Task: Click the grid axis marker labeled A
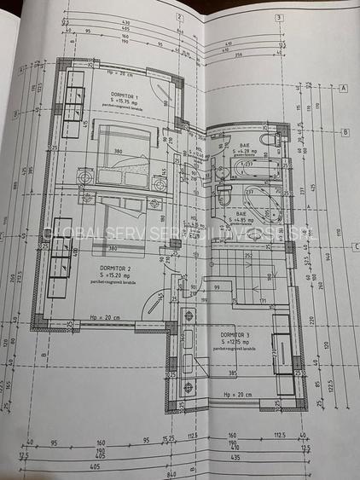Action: [x=344, y=88]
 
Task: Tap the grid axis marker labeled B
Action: [x=344, y=132]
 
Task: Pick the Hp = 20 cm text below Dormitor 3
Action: [x=235, y=396]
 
